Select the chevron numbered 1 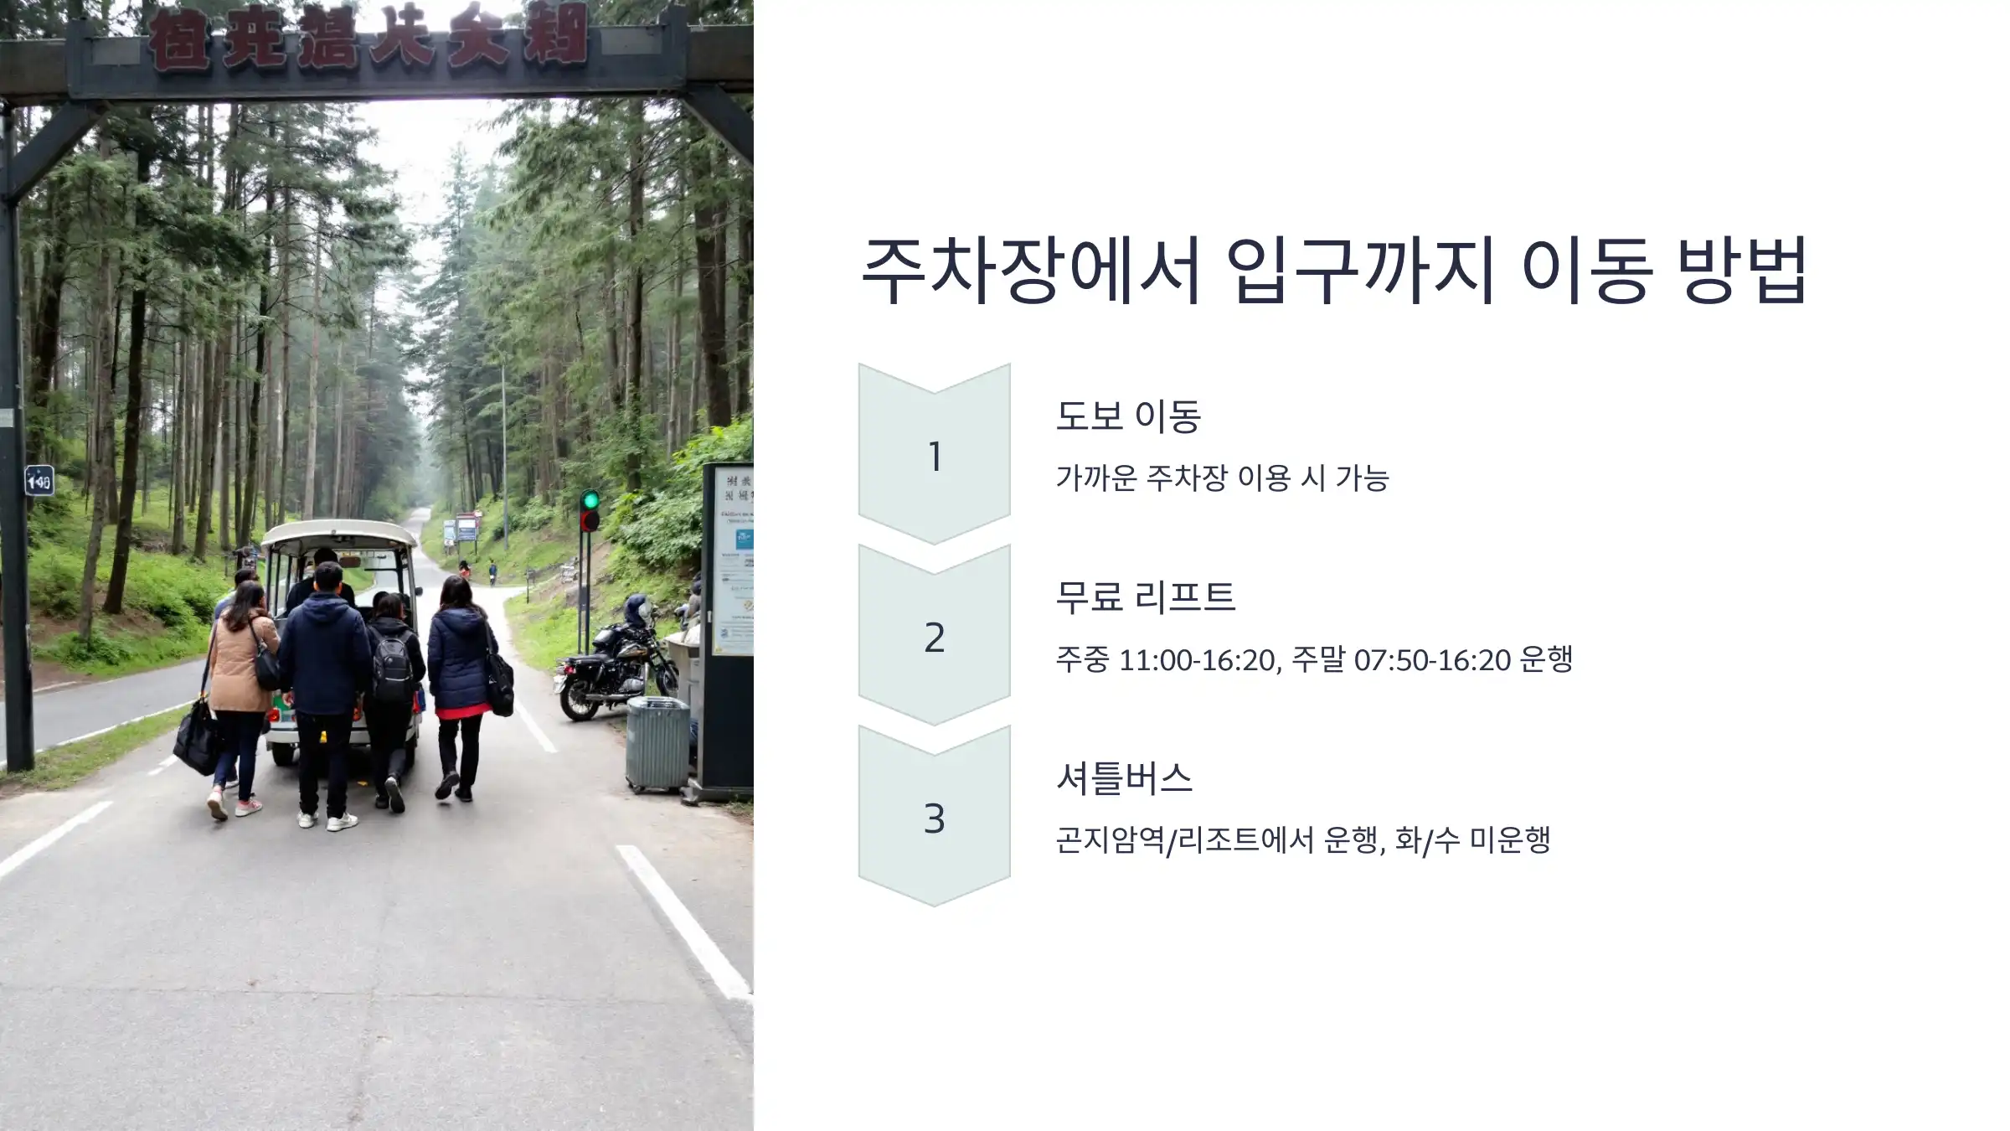click(934, 455)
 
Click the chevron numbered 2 click(934, 637)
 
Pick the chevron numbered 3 click(934, 818)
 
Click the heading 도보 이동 click(1128, 416)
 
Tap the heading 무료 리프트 click(1145, 597)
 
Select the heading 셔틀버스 click(1124, 778)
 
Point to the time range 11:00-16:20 click(1198, 660)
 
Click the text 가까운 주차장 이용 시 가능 click(1222, 478)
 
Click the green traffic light click(590, 501)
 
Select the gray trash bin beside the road click(657, 744)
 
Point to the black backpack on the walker click(393, 667)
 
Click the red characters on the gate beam click(368, 38)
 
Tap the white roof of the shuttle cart click(339, 533)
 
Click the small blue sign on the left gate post click(39, 480)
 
